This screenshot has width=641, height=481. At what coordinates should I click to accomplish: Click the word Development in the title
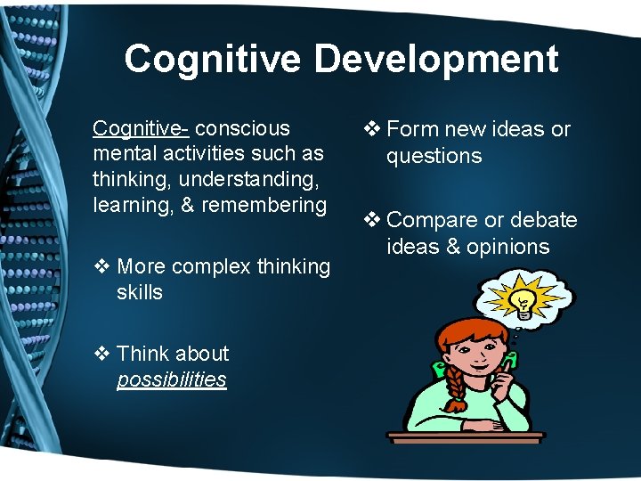point(436,60)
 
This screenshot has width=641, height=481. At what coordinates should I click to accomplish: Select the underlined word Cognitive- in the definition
point(141,129)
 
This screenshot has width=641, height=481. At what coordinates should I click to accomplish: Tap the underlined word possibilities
point(172,379)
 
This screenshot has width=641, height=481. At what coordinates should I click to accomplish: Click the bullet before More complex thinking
point(101,266)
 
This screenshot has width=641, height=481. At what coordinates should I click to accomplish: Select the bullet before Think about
point(101,354)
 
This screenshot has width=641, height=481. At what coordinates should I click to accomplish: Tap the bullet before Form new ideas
point(371,130)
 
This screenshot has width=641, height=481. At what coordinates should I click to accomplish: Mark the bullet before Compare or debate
point(371,220)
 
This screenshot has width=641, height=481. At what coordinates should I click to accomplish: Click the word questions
point(434,156)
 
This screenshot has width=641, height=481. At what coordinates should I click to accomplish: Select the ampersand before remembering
point(189,205)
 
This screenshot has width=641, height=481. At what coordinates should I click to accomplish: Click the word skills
point(140,292)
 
